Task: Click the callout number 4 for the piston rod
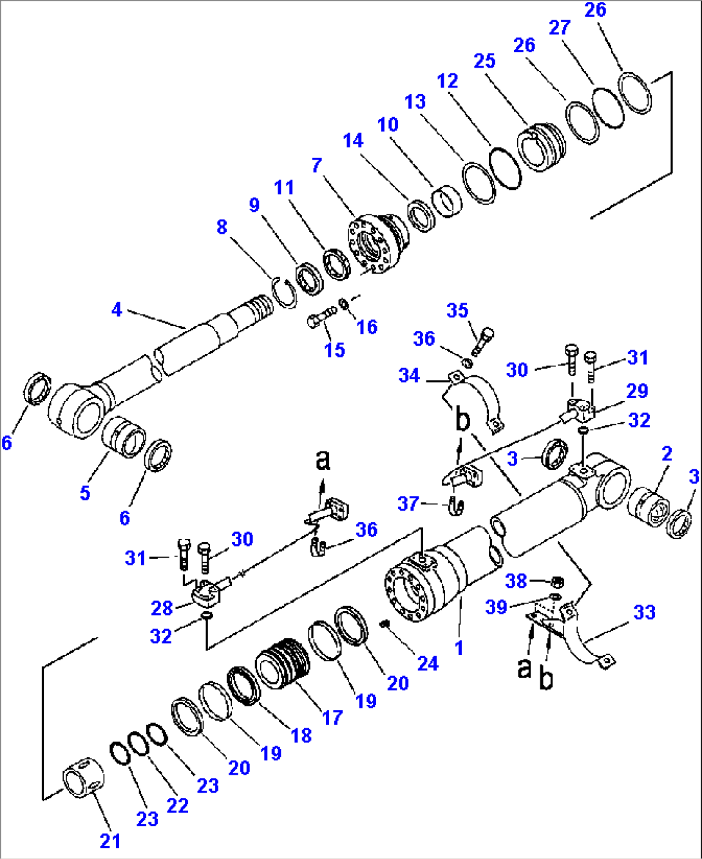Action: [x=117, y=310]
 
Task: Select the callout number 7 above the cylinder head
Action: [x=316, y=165]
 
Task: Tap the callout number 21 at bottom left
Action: [x=110, y=840]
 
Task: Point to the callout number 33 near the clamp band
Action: [x=644, y=612]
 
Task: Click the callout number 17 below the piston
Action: [x=332, y=717]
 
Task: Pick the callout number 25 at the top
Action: [x=484, y=61]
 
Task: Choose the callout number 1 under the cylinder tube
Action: [x=459, y=648]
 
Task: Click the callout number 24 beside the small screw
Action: [x=428, y=663]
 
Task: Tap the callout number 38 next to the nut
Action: [x=516, y=581]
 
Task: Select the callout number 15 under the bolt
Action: [x=334, y=350]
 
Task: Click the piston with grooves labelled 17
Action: [x=283, y=663]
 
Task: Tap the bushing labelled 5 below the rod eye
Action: [x=124, y=436]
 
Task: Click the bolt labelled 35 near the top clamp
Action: [x=484, y=341]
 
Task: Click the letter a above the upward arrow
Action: [x=323, y=460]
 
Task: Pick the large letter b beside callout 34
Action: [x=462, y=420]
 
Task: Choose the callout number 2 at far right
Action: [x=667, y=453]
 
